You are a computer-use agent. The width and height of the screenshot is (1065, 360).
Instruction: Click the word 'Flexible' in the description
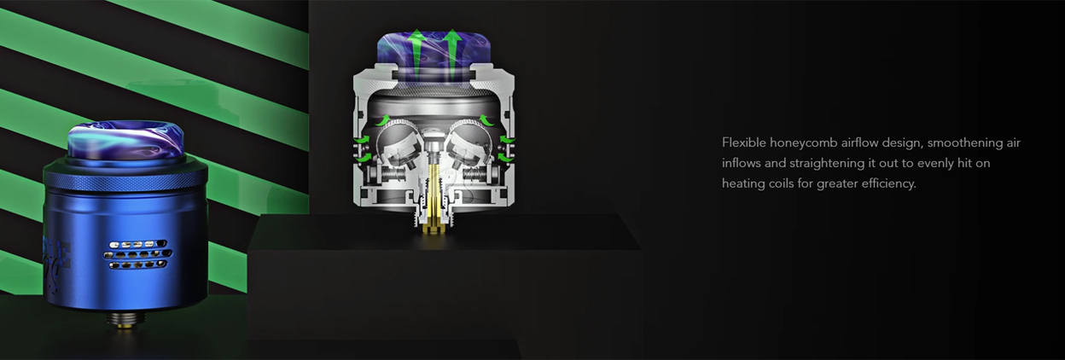(742, 142)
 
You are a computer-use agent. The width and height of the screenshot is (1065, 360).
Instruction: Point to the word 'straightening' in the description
(827, 164)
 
